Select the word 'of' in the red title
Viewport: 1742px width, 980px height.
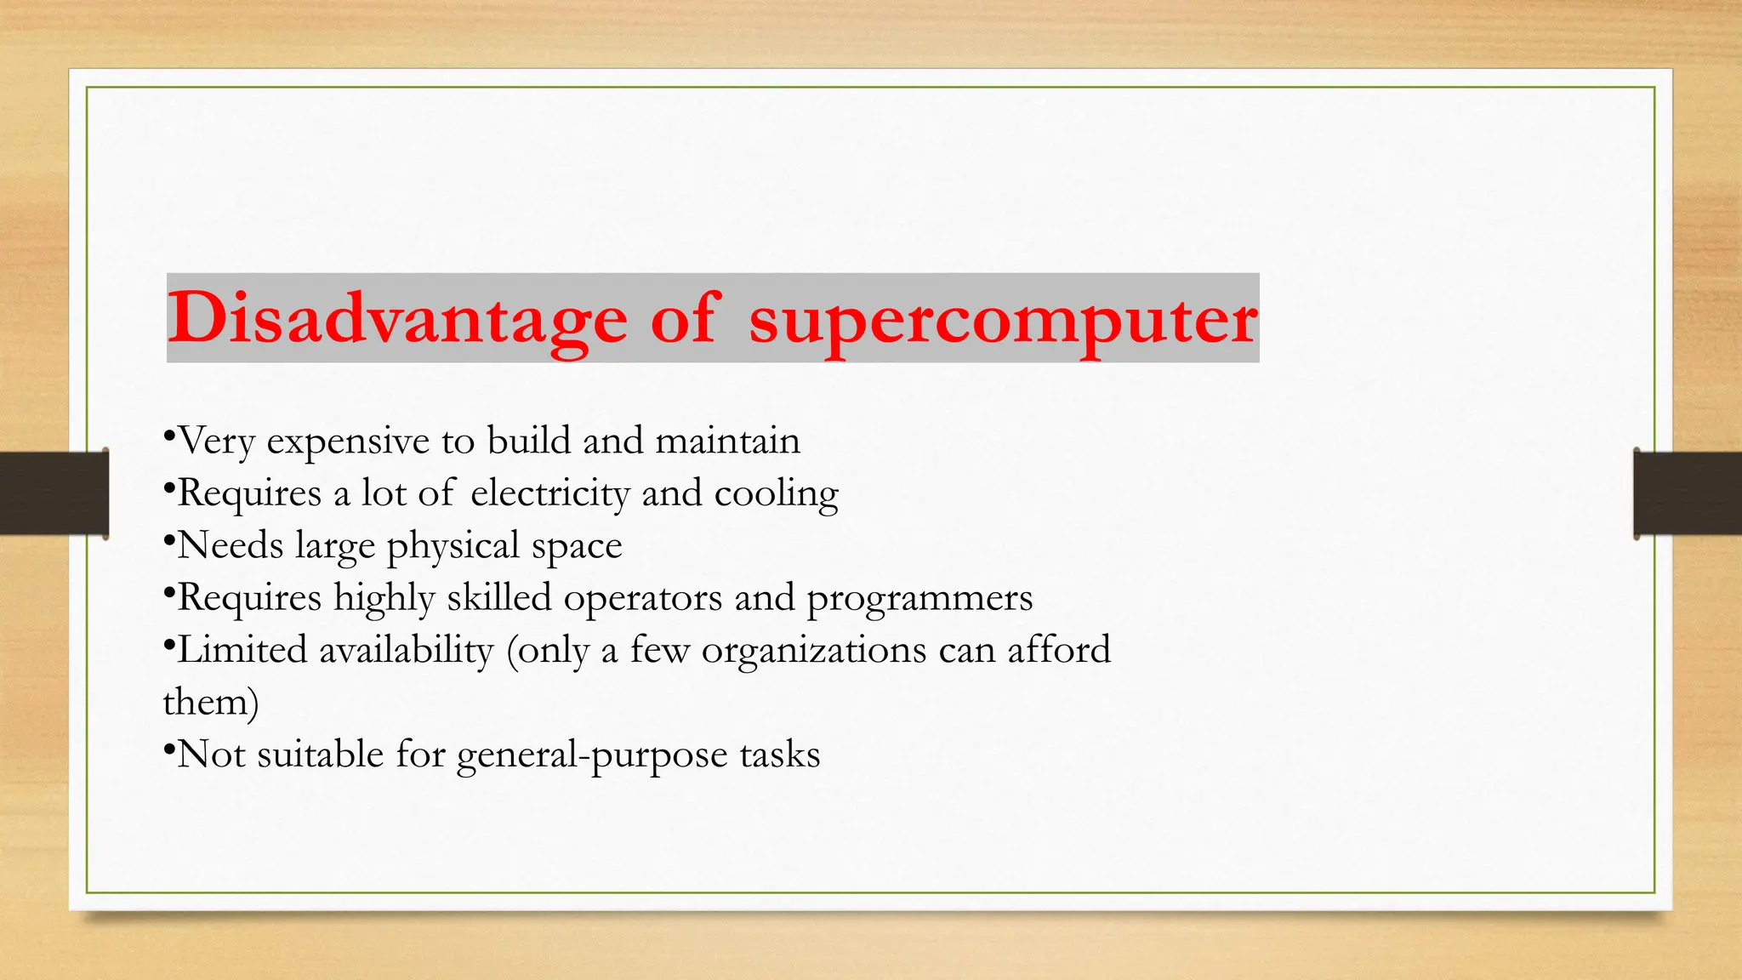(686, 318)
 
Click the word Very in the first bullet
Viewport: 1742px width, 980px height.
(216, 442)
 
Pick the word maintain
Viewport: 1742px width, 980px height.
(727, 441)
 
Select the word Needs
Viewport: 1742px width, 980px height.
(231, 545)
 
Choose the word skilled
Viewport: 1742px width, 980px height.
(499, 597)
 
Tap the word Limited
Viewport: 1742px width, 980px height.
(242, 650)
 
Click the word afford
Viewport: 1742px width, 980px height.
(1059, 650)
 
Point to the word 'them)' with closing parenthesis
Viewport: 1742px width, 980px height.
(211, 703)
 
